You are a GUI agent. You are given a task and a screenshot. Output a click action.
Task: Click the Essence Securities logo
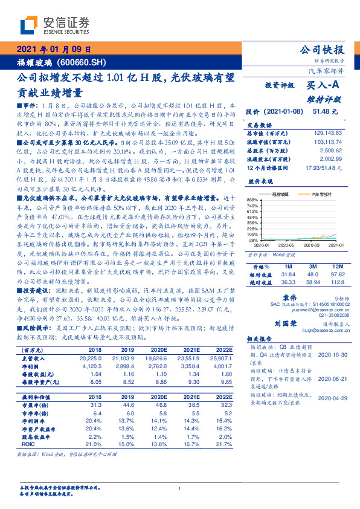54,25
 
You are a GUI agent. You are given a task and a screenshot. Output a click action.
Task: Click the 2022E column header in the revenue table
223,350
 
